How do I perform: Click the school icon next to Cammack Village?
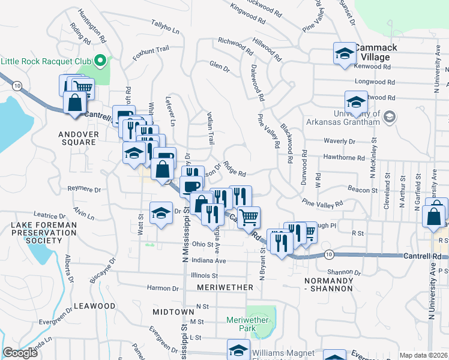point(345,54)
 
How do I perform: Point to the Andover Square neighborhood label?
point(77,138)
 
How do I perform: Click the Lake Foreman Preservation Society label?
point(37,232)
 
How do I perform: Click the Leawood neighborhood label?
point(94,306)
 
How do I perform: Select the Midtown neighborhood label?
point(173,312)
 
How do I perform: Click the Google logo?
point(20,353)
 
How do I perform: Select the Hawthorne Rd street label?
point(344,158)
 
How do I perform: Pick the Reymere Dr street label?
point(84,189)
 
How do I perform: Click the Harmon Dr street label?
point(163,288)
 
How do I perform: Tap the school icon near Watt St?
point(160,214)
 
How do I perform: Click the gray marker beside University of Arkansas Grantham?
point(390,116)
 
